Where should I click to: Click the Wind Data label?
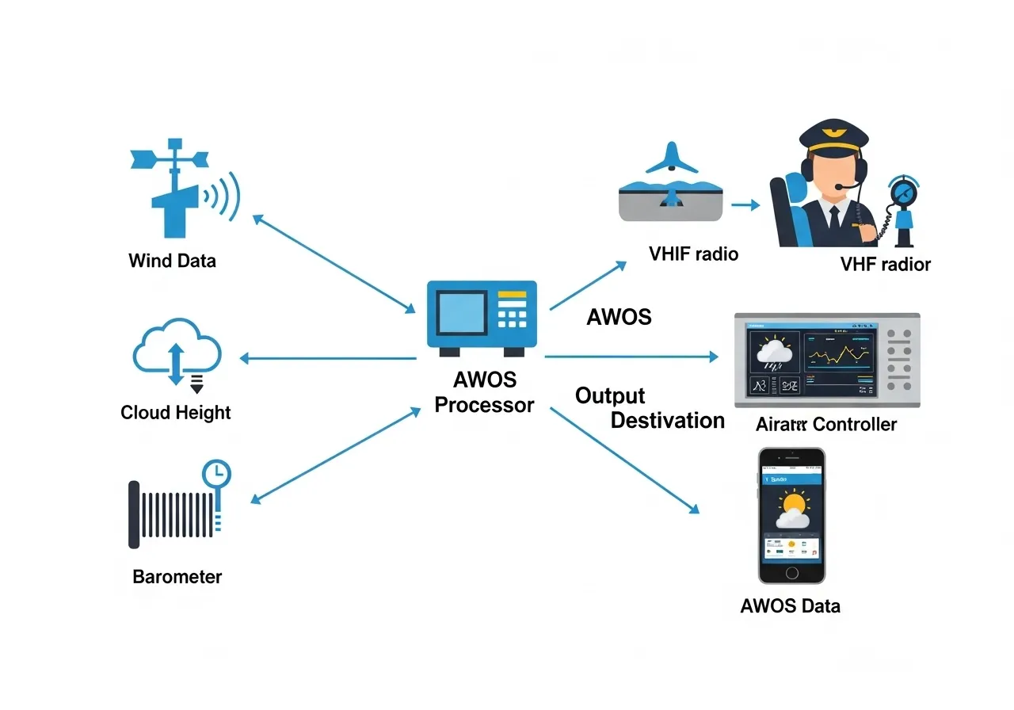172,261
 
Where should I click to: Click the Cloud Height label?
176,413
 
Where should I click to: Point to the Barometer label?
177,577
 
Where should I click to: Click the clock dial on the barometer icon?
216,474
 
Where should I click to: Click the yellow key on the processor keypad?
512,296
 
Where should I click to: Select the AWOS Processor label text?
485,392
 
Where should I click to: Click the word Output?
610,396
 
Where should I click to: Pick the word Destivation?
667,420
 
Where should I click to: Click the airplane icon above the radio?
672,158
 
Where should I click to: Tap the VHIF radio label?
693,254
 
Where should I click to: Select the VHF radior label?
886,265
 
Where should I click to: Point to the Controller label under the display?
855,425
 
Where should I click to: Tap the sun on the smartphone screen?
795,503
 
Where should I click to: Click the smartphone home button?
791,572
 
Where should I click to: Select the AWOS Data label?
790,607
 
